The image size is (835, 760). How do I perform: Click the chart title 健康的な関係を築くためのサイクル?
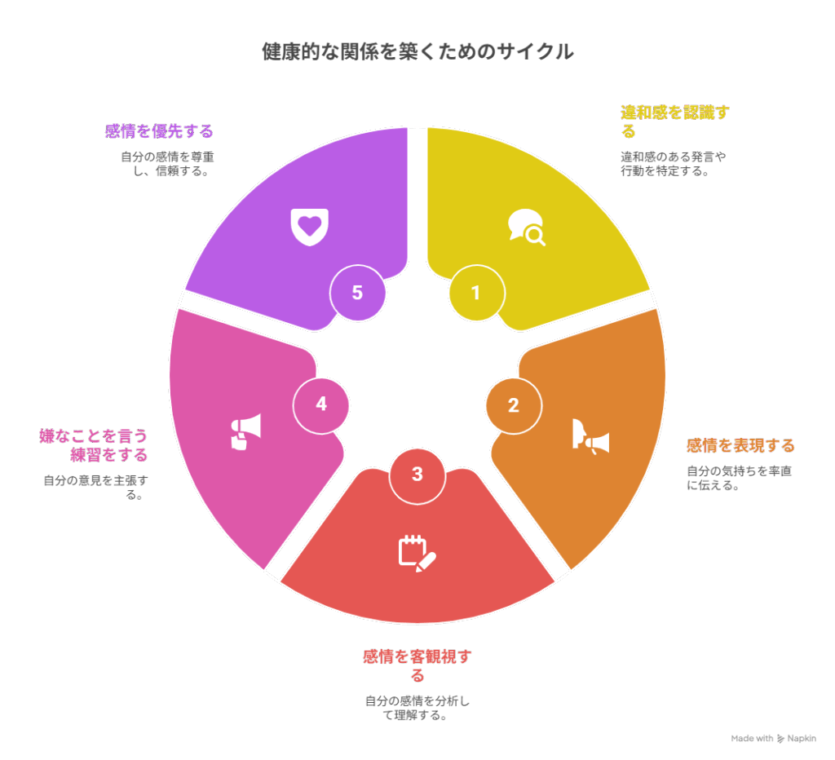coord(417,51)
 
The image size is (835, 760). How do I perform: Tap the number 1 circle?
coord(476,293)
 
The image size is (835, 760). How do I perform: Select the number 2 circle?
coord(514,406)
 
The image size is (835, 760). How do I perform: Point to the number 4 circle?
coord(321,405)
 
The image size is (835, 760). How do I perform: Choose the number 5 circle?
coord(357,293)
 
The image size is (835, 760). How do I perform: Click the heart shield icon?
coord(309,227)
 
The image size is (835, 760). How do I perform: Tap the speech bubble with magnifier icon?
coord(527,228)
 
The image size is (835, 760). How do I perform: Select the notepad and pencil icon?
coord(417,554)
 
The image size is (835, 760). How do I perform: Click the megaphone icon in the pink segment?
coord(246,431)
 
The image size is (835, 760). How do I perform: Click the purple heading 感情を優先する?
coord(159,131)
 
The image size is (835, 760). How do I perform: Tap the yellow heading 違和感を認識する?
coord(674,122)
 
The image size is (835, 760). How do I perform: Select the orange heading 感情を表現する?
coord(740,445)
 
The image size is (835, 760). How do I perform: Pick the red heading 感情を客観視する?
coord(417,665)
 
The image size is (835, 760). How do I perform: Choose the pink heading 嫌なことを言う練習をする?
coord(93,445)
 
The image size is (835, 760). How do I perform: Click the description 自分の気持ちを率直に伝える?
coord(739,478)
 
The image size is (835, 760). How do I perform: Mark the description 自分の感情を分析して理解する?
coord(417,708)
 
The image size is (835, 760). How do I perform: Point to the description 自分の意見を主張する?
coord(96,488)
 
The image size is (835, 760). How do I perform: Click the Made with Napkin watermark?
coord(773,738)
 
